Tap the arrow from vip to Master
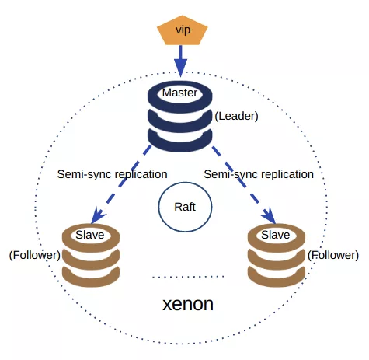click(x=180, y=58)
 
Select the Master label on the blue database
click(x=180, y=93)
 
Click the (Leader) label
click(x=236, y=116)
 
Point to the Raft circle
click(x=185, y=209)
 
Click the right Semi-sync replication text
click(x=258, y=174)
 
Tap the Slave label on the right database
click(x=275, y=234)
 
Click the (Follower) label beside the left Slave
click(x=34, y=254)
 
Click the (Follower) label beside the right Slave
click(x=333, y=254)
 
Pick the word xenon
click(x=187, y=304)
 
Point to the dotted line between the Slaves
click(x=187, y=276)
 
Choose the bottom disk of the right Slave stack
click(x=275, y=274)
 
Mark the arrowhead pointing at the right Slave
click(x=269, y=215)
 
